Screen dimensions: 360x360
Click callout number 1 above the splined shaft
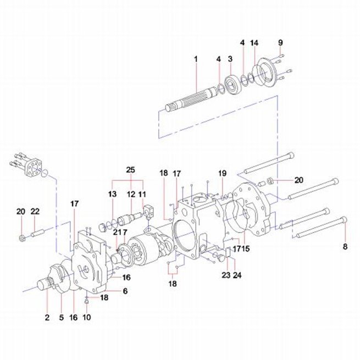[x=196, y=59]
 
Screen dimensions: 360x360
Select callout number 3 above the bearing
[x=230, y=59]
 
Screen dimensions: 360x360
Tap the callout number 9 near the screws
[x=280, y=43]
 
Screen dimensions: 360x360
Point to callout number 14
[x=254, y=43]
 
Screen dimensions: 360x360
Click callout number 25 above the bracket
[x=130, y=170]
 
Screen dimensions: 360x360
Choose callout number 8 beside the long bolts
[x=345, y=247]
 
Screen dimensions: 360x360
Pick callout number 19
[x=222, y=173]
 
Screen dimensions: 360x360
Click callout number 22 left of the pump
[x=35, y=211]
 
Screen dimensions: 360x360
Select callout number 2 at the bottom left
[x=47, y=318]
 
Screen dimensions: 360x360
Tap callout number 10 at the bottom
[x=87, y=317]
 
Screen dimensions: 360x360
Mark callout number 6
[x=125, y=291]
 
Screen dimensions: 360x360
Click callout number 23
[x=226, y=275]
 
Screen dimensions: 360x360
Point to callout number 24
[x=237, y=275]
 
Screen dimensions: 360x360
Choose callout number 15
[x=246, y=248]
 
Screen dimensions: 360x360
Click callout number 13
[x=112, y=194]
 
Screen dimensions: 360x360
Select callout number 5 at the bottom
[x=62, y=318]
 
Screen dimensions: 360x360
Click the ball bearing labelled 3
[x=232, y=84]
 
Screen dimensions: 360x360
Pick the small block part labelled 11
[x=148, y=212]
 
